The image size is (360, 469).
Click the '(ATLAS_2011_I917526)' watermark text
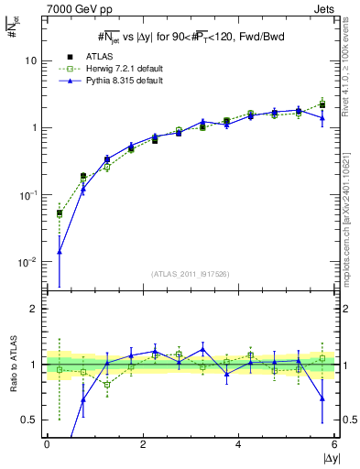point(191,274)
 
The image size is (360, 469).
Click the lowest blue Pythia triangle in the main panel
point(60,251)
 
